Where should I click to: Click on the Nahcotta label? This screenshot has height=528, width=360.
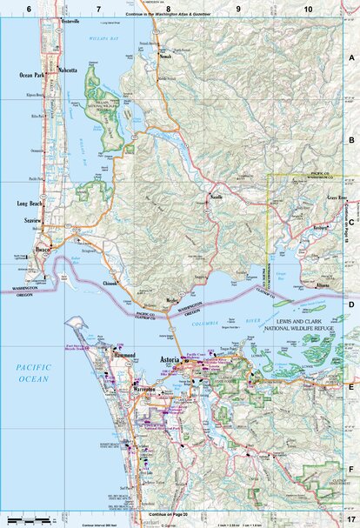pos(67,69)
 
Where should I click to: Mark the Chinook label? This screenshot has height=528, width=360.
pos(112,283)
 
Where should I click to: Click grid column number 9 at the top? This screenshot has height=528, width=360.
pos(237,8)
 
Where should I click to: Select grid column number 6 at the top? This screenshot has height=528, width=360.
pos(30,8)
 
